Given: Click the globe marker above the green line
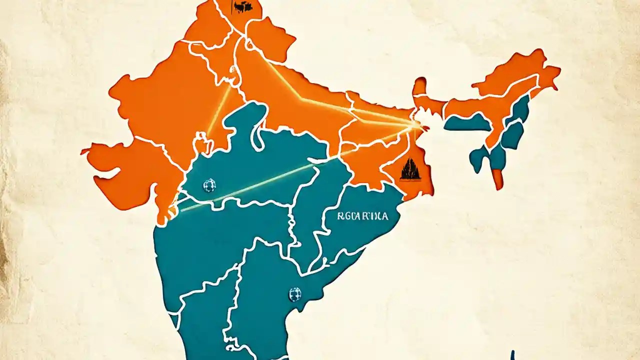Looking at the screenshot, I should pyautogui.click(x=209, y=186).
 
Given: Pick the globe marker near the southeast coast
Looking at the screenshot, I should pyautogui.click(x=295, y=294).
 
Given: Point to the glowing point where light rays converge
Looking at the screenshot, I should pyautogui.click(x=415, y=124).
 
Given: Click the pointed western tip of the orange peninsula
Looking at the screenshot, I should pyautogui.click(x=83, y=150).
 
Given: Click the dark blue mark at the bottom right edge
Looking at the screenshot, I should pyautogui.click(x=512, y=355).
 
